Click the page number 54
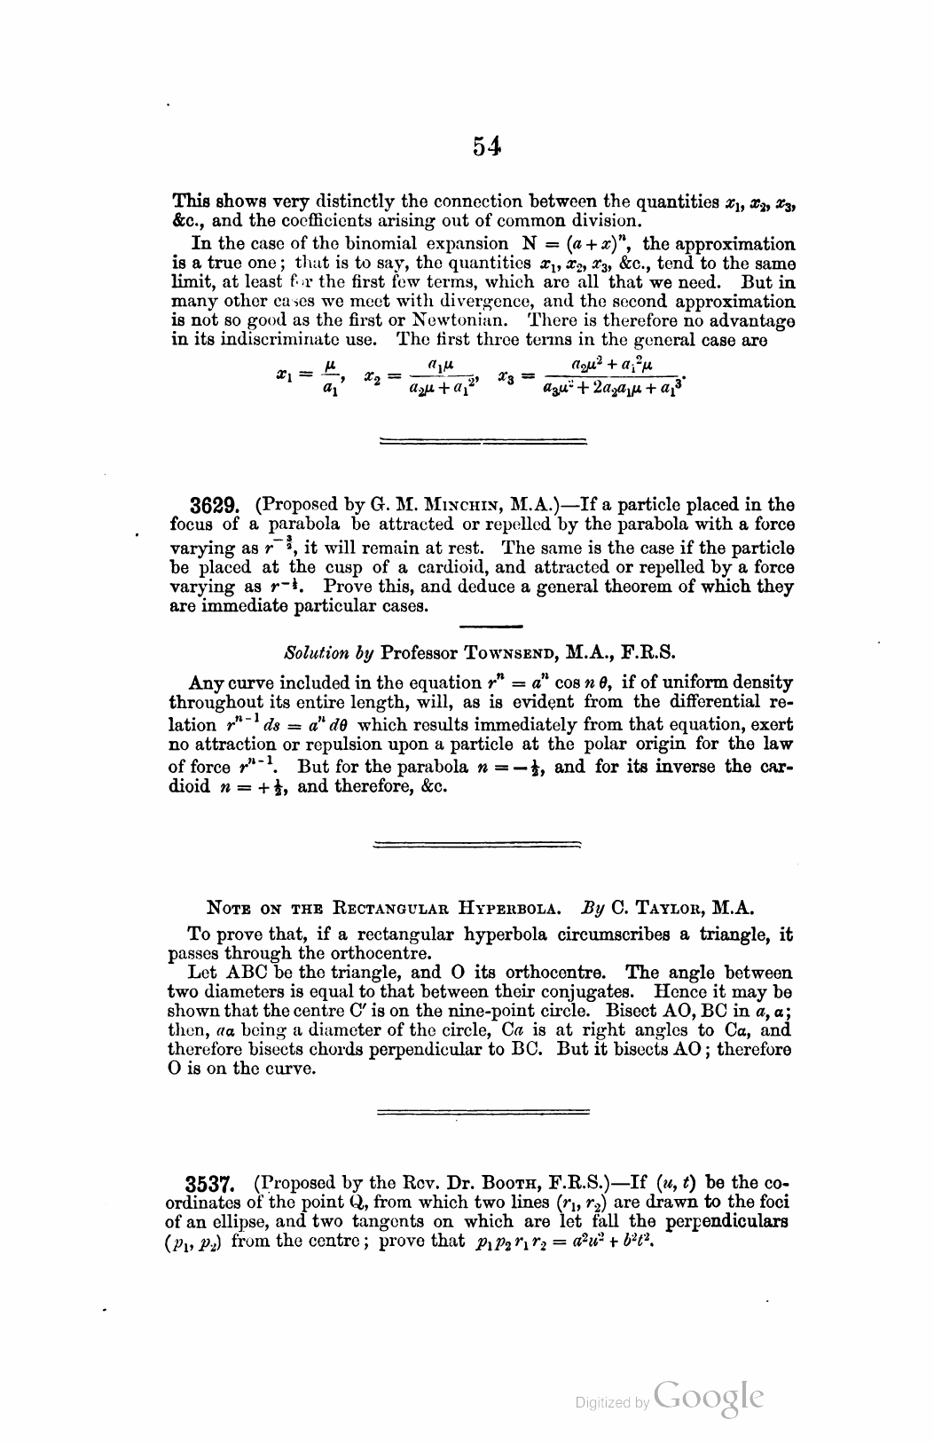pyautogui.click(x=488, y=146)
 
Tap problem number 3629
pyautogui.click(x=211, y=506)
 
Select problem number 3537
pyautogui.click(x=209, y=1185)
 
